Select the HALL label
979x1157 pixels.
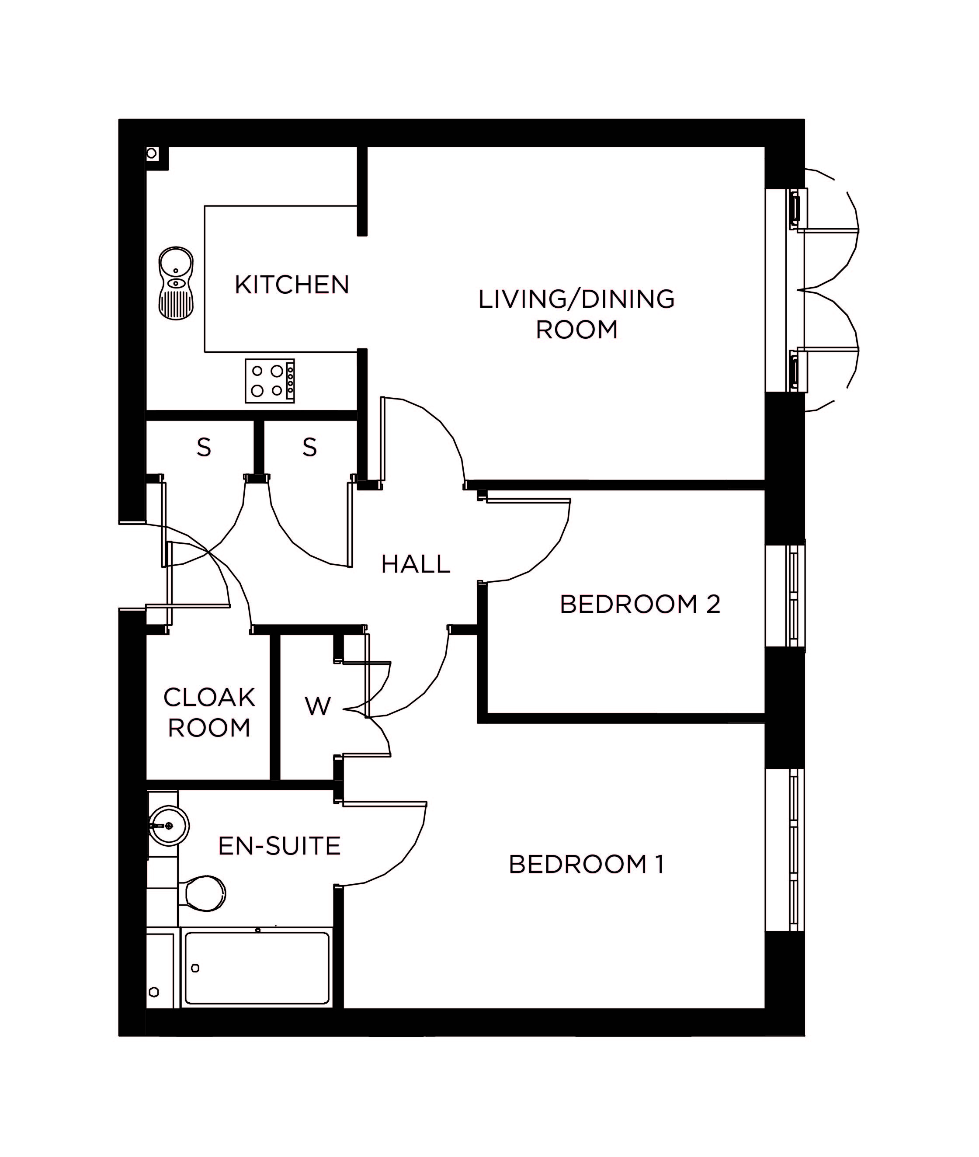[416, 564]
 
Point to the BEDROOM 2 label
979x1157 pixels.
[640, 605]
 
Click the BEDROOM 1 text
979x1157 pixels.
[586, 865]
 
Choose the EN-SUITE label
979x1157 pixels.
[279, 846]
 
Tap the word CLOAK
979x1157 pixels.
[209, 698]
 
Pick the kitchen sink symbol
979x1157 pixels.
[176, 284]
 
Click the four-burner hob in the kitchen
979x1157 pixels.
[270, 381]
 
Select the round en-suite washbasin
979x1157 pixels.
[169, 826]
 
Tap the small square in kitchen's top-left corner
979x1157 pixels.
[152, 154]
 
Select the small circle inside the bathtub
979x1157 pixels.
[195, 968]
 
